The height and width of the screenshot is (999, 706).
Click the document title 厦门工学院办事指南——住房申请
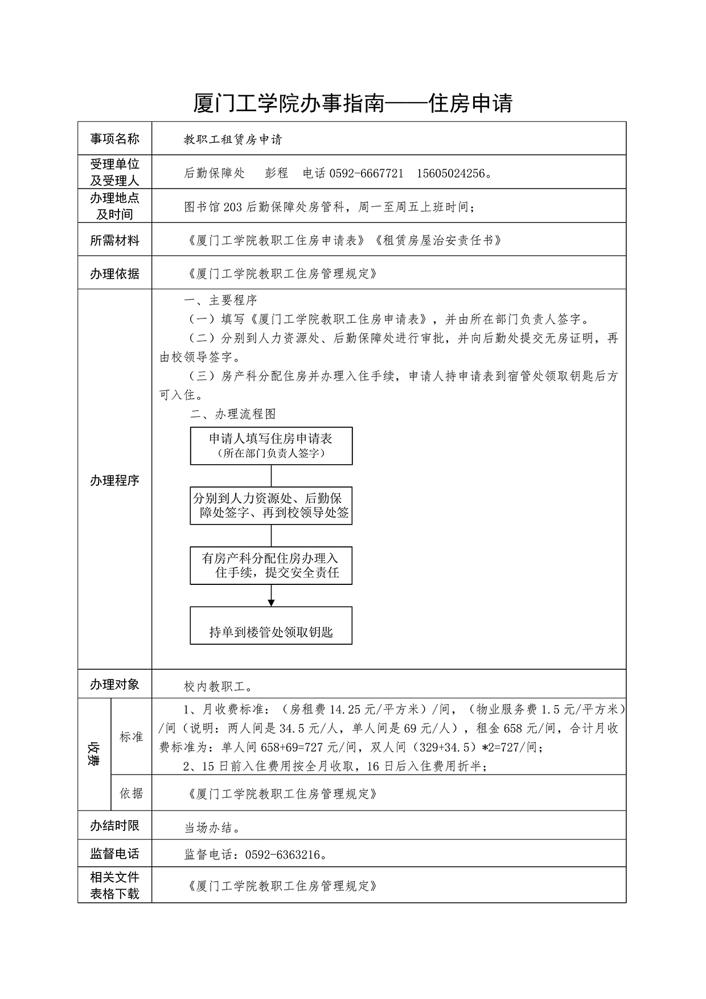click(353, 103)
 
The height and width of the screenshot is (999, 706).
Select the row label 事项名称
click(114, 138)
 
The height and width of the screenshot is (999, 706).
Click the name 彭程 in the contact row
click(277, 173)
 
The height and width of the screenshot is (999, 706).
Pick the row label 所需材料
click(114, 240)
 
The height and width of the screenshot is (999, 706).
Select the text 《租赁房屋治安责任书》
click(438, 240)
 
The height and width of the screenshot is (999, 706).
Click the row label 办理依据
click(114, 273)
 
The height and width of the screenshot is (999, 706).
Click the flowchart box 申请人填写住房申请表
click(271, 445)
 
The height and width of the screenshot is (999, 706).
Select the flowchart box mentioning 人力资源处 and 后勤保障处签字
click(271, 505)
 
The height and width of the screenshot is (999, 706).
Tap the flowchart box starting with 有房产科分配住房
click(271, 566)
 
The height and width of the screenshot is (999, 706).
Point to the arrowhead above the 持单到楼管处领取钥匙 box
click(271, 603)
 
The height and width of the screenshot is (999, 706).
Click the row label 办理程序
click(114, 480)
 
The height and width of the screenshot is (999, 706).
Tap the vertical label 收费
click(94, 753)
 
